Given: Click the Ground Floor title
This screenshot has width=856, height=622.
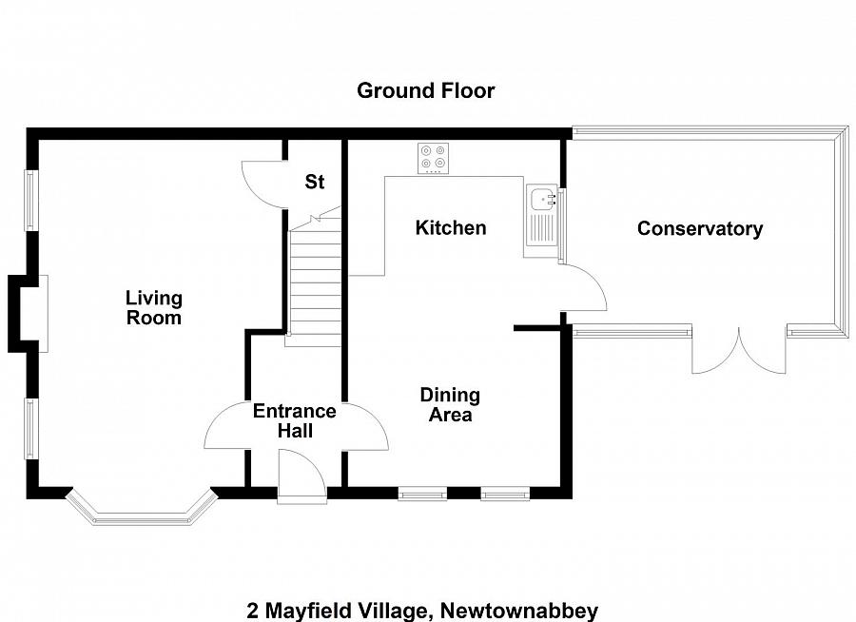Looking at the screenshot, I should pos(425,91).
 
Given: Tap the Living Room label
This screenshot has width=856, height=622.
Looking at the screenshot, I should pos(153,308).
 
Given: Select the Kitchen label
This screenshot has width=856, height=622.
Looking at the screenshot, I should pos(451,228).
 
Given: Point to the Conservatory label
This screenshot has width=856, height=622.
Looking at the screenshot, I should pos(699,229).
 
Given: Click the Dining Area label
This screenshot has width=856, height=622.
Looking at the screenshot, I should pos(450,404).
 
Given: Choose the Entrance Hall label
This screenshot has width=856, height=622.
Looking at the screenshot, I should pos(294,420).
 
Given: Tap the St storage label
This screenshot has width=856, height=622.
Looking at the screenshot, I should pos(314,182).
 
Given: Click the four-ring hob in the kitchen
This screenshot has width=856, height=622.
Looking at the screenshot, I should pos(435,158).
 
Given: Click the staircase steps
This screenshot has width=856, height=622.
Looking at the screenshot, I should pos(313,281).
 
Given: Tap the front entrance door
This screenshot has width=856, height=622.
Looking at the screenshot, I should pos(302,475).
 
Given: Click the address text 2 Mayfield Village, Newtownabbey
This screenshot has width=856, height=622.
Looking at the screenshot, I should pos(422,610).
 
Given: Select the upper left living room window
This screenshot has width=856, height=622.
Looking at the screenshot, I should pos(30,200).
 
